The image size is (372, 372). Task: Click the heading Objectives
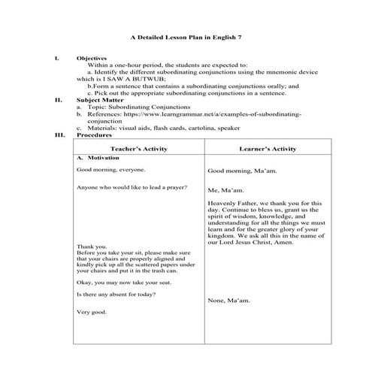pyautogui.click(x=91, y=58)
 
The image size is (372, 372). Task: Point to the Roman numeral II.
pyautogui.click(x=59, y=99)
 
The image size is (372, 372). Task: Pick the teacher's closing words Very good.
pyautogui.click(x=92, y=312)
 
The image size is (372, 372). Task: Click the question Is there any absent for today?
pyautogui.click(x=116, y=294)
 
